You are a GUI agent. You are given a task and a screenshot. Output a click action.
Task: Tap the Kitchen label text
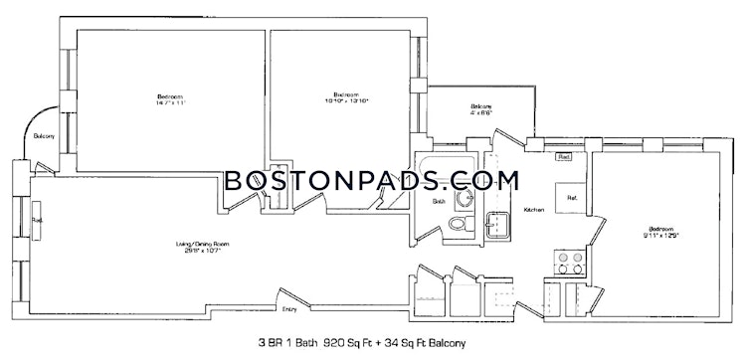coord(532,210)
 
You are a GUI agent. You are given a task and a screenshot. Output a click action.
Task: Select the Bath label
coord(438,202)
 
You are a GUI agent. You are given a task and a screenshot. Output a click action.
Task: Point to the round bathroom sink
coord(462,197)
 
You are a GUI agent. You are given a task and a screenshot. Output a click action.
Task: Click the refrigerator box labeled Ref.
coord(573,197)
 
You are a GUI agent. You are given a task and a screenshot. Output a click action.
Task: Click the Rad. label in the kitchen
coord(563,156)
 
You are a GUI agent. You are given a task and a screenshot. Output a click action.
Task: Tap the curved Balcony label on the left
coord(44,136)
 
